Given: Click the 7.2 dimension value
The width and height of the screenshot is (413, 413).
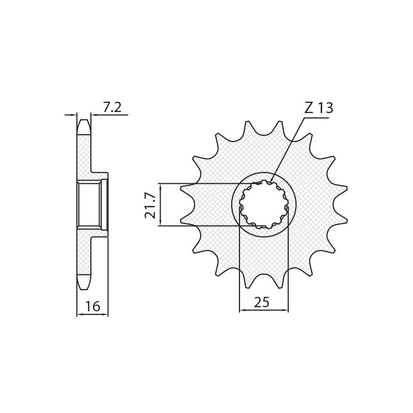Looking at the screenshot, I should (x=112, y=107).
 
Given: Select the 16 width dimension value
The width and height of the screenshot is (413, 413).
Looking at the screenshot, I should (x=92, y=306).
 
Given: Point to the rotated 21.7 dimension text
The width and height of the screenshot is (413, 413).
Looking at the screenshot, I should (x=150, y=204).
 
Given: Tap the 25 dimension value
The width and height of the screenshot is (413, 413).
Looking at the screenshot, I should (x=262, y=303).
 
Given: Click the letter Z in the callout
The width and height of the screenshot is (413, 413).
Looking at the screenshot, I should (x=309, y=108).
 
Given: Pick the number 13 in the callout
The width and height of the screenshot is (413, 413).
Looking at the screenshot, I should (x=325, y=108).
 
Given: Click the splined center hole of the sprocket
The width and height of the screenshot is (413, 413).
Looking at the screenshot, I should (x=263, y=204).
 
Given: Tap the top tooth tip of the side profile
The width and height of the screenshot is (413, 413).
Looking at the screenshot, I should (x=84, y=122).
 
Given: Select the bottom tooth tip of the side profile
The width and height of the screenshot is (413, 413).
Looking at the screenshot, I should (x=84, y=287).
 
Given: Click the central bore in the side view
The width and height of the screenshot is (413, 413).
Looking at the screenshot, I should (x=89, y=204).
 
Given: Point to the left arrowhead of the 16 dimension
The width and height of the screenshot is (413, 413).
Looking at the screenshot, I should (x=78, y=314).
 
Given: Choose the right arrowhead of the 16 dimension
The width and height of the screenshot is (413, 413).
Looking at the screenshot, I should (x=106, y=314).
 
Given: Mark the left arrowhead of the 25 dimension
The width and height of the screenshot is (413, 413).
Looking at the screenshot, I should (x=241, y=310).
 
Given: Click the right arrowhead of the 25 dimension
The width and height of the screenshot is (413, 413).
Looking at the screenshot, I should (x=287, y=310).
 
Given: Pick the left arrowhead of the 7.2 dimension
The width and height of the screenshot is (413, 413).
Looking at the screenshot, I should (x=75, y=115).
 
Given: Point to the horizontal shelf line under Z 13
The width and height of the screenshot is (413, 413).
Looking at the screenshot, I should (x=316, y=118).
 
